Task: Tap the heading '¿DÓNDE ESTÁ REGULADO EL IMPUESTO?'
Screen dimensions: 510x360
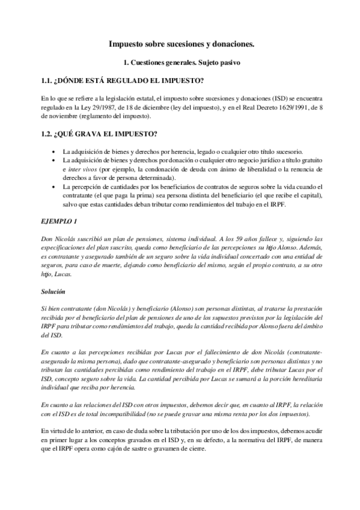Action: [x=127, y=81]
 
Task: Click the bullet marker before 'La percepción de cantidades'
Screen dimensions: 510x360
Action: [x=55, y=187]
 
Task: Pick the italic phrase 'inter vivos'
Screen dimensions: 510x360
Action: [x=81, y=170]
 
